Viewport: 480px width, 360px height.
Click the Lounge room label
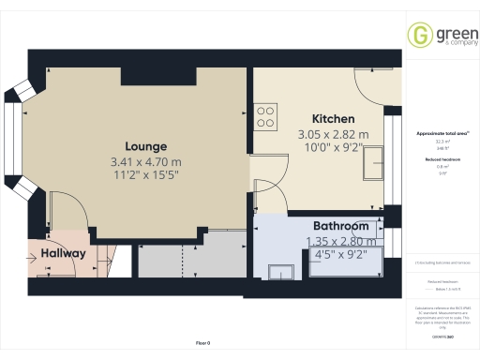pyautogui.click(x=146, y=146)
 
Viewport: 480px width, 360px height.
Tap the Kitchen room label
pyautogui.click(x=333, y=119)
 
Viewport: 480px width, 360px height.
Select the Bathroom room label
pyautogui.click(x=340, y=226)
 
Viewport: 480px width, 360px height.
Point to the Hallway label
pyautogui.click(x=63, y=253)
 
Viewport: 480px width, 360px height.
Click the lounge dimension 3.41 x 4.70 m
pyautogui.click(x=146, y=162)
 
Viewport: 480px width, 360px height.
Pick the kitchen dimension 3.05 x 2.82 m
pyautogui.click(x=333, y=135)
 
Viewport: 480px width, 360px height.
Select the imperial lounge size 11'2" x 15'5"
pyautogui.click(x=146, y=176)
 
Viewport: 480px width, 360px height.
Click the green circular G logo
pyautogui.click(x=418, y=36)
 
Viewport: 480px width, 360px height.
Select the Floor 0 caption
pyautogui.click(x=203, y=344)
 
